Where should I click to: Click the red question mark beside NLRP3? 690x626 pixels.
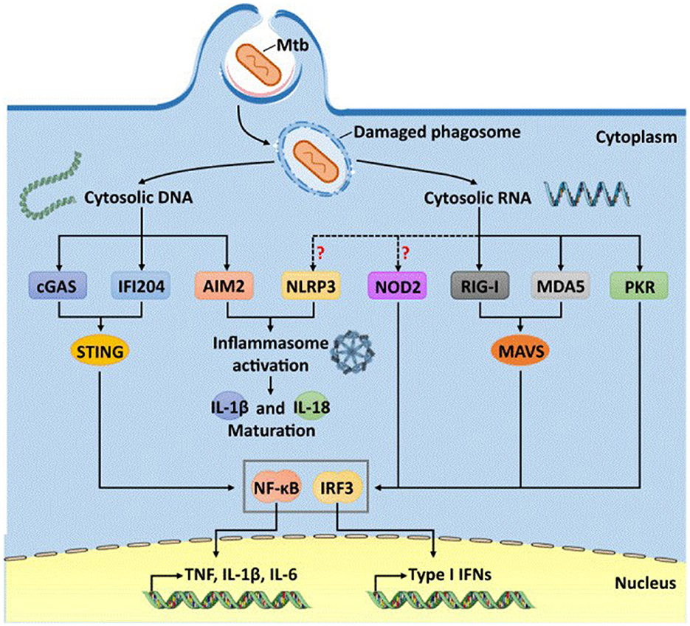point(321,253)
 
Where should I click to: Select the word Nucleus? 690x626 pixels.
point(644,585)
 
